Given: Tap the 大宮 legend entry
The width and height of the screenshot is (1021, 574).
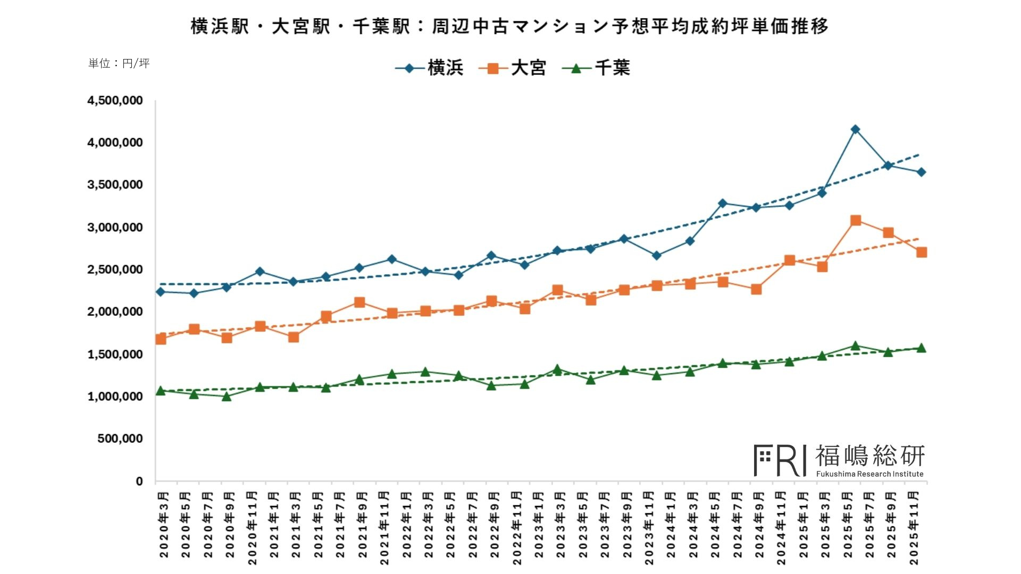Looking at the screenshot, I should [x=513, y=68].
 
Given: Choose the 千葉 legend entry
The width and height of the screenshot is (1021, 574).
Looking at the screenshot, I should [x=596, y=68].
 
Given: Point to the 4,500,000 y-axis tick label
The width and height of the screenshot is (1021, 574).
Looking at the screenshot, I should [x=115, y=100].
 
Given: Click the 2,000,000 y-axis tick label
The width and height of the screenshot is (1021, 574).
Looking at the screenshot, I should [x=115, y=311].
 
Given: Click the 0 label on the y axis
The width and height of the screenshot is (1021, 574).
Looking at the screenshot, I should [x=139, y=481].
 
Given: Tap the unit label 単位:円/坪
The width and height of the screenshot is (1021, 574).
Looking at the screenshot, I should [x=119, y=63].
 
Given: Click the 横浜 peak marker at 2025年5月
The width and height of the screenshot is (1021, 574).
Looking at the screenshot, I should [x=855, y=129].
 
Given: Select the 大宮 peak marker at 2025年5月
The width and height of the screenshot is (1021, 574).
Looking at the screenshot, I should [x=855, y=221].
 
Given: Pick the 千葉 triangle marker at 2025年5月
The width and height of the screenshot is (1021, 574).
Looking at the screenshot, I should [x=855, y=346].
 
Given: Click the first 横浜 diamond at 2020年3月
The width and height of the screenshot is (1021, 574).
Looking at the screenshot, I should [x=161, y=292].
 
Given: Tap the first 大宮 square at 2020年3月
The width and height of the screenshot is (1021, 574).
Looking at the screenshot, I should [x=161, y=339].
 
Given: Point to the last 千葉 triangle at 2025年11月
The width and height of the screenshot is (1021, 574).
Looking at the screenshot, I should [x=922, y=348].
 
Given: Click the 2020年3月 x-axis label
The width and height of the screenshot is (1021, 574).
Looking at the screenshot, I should [x=164, y=525].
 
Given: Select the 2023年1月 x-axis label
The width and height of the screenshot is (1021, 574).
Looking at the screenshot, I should [x=539, y=525].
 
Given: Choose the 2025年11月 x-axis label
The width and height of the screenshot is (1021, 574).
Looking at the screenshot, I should [x=914, y=528].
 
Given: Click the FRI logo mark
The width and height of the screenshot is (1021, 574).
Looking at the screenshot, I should [x=780, y=460].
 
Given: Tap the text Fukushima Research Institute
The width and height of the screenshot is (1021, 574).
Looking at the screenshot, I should [x=869, y=474].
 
